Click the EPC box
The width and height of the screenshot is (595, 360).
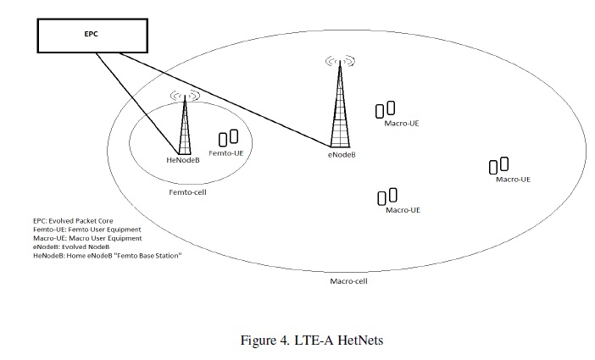tap(89, 36)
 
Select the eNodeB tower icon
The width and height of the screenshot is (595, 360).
tap(341, 106)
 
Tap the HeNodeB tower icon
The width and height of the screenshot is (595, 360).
tap(184, 127)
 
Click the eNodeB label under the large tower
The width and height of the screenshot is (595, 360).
tap(342, 155)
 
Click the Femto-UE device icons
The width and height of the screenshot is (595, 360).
tap(228, 137)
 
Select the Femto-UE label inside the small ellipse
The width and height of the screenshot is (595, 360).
tap(226, 153)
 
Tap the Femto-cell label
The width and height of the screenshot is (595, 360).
tap(188, 192)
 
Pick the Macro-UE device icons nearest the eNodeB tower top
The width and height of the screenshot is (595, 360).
tap(386, 109)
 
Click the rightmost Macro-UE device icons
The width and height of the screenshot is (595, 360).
tap(498, 165)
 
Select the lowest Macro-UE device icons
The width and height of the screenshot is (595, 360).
tap(387, 197)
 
